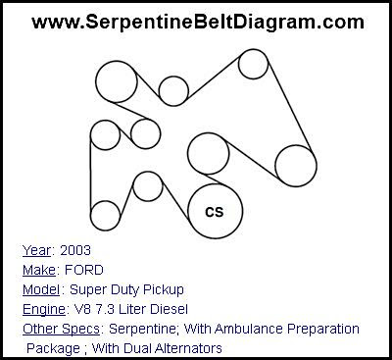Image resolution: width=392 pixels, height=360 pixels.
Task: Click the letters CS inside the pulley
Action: (x=215, y=212)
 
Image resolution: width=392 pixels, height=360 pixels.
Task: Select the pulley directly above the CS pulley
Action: (x=208, y=154)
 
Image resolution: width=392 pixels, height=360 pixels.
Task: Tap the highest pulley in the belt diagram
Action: (x=253, y=64)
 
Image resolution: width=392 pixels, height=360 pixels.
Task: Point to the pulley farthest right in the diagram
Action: (x=296, y=166)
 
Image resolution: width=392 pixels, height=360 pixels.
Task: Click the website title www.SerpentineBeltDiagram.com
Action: (x=198, y=23)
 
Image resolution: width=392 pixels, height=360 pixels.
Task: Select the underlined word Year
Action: (x=37, y=251)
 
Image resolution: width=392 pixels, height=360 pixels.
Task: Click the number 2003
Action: (x=75, y=250)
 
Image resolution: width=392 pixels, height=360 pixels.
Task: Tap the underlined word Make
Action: (x=39, y=270)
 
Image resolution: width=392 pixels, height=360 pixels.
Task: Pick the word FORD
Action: (x=84, y=270)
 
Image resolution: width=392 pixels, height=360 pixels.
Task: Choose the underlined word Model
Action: (x=41, y=289)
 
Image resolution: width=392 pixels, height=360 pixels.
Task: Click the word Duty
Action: (x=125, y=290)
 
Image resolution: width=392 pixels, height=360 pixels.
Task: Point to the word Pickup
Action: (x=164, y=290)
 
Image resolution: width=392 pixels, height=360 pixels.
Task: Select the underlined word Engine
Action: (x=44, y=309)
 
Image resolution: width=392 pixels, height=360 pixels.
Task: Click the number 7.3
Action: (x=105, y=309)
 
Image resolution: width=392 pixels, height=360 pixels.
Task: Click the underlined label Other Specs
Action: (x=61, y=329)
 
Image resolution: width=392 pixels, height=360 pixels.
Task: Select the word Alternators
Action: (x=188, y=348)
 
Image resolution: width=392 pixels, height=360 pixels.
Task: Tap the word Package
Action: (x=53, y=349)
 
